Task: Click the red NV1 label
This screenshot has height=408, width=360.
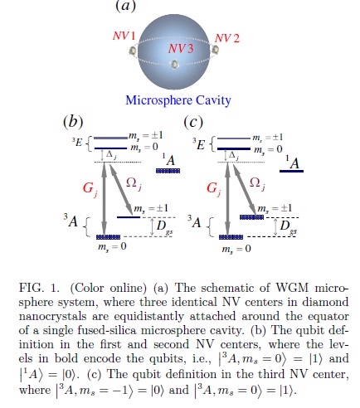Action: coord(124,38)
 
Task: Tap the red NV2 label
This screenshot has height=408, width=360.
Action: coord(228,38)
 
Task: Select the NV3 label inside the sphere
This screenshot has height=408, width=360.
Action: coord(182,49)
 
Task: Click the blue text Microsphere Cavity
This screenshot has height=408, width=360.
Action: coord(178,101)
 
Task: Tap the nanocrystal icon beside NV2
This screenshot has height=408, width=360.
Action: coord(218,51)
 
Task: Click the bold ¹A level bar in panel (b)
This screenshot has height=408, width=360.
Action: coord(168,170)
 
